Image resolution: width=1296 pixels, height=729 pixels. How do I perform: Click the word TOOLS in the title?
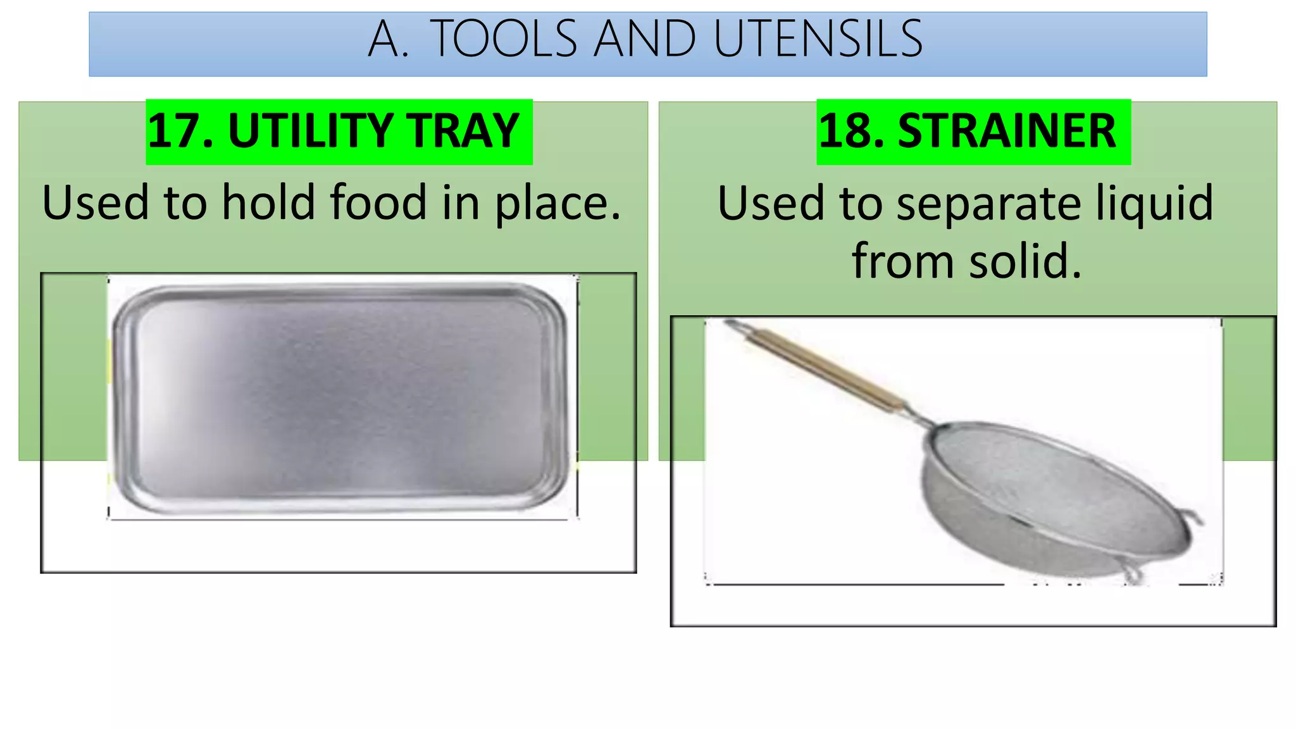[504, 39]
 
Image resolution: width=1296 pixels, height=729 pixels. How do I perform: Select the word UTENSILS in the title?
[818, 39]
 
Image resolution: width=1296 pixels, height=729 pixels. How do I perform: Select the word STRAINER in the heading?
[1007, 131]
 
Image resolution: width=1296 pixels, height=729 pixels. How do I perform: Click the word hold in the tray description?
[268, 202]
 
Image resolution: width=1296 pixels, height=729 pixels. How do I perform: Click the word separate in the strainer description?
[988, 204]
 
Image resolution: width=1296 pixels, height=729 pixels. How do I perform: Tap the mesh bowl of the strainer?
[1038, 487]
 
